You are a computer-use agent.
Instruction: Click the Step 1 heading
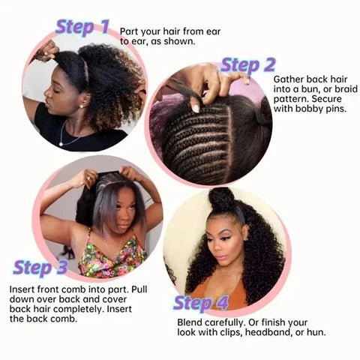click(85, 28)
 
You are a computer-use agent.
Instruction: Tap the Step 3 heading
click(43, 268)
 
